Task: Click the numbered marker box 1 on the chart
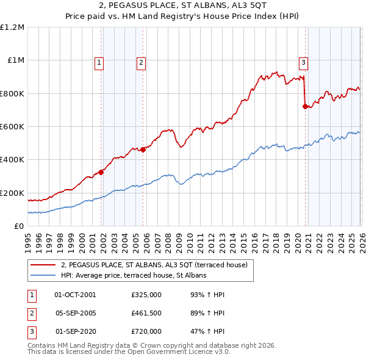click(x=99, y=61)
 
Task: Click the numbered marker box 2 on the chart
click(x=141, y=61)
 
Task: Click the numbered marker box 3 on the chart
click(x=303, y=61)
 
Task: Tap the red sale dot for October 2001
click(x=101, y=172)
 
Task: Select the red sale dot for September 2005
click(x=143, y=149)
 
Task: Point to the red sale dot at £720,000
click(x=304, y=107)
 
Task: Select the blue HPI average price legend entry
click(x=134, y=276)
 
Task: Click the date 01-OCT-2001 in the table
click(x=75, y=295)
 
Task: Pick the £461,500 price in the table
click(x=146, y=314)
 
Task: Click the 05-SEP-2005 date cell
click(x=75, y=314)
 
